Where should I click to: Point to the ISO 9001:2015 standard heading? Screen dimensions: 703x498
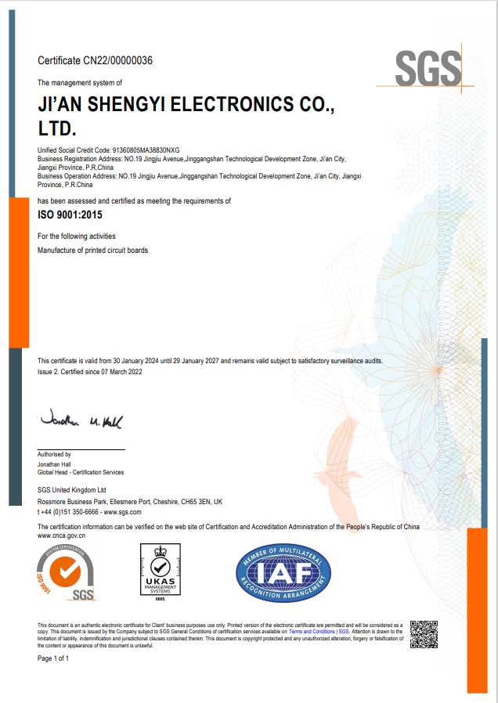click(70, 214)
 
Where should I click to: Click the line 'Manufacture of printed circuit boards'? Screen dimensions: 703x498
click(92, 251)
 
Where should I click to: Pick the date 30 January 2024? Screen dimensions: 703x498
click(135, 361)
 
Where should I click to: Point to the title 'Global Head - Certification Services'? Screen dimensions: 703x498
click(81, 472)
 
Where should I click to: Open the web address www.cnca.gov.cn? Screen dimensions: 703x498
click(61, 535)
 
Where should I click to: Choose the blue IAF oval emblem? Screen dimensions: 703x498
click(283, 572)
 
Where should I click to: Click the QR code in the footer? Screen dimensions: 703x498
click(424, 634)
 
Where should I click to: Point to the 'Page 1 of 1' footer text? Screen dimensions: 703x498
click(53, 658)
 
